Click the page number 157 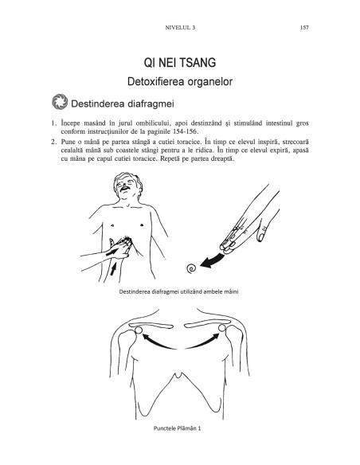click(x=304, y=28)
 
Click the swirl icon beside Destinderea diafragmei click(x=60, y=102)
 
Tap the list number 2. click(x=53, y=142)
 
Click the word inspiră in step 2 click(x=268, y=142)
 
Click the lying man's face click(x=127, y=185)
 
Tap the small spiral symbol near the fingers click(x=191, y=268)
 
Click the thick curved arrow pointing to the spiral click(x=213, y=260)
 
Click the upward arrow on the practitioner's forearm click(x=113, y=269)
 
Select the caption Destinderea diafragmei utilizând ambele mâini click(x=179, y=291)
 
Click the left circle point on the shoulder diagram click(x=139, y=330)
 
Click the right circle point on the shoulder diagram click(x=222, y=328)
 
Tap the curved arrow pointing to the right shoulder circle click(x=203, y=343)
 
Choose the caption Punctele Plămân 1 click(x=178, y=428)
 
